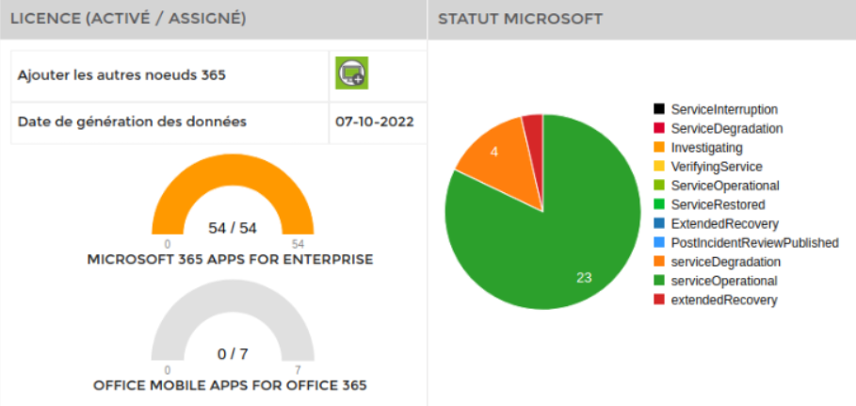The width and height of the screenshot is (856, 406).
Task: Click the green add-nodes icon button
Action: (352, 73)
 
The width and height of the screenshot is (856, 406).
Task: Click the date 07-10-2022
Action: (374, 122)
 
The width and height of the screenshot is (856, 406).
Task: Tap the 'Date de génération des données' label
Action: (132, 122)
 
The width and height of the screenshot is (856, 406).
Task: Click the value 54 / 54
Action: (232, 228)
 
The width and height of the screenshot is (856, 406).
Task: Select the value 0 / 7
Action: (232, 354)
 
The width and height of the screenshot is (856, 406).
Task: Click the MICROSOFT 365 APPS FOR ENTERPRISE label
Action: (230, 259)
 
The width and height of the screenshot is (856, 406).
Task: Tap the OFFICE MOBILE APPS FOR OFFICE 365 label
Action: (230, 385)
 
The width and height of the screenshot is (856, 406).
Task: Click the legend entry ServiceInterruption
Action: (723, 109)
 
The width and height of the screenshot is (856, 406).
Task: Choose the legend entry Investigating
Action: (706, 148)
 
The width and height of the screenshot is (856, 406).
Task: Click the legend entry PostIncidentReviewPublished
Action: (753, 243)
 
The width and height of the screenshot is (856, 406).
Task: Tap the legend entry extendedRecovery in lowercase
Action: (723, 300)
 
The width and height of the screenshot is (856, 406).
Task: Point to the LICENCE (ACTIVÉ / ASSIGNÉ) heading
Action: (128, 19)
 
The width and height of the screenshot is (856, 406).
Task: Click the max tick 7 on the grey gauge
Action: (298, 370)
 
